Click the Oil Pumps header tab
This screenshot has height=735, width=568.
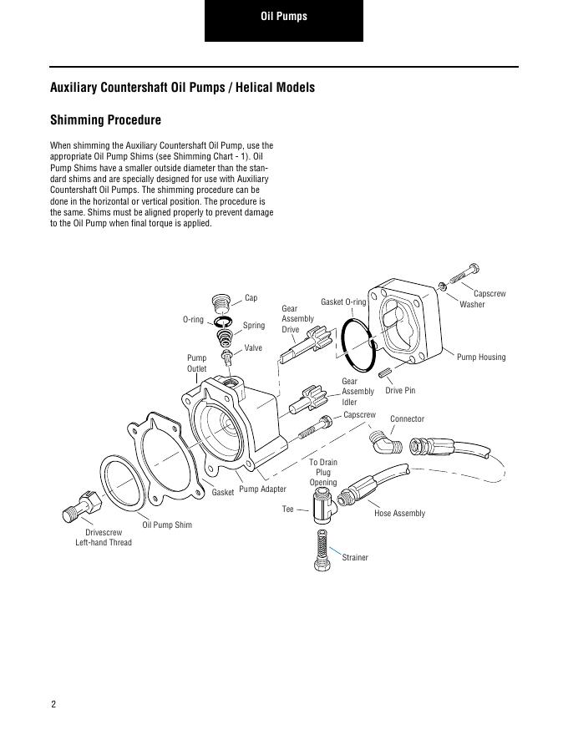coord(283,17)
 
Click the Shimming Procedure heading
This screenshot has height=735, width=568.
coord(105,120)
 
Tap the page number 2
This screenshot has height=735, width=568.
coord(53,704)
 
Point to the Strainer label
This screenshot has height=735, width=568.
coord(355,557)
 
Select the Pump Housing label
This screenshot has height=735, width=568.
coord(481,357)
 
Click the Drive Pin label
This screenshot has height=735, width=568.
coord(400,391)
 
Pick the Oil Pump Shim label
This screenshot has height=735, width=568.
coord(167,525)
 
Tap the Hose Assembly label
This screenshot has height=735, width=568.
coord(399,513)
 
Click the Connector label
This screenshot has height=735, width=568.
coord(407,418)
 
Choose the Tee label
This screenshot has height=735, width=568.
coord(288,509)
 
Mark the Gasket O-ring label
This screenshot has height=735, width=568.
coord(343,302)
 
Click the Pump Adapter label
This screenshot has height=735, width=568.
coord(262,489)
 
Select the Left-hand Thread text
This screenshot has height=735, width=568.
coord(104,543)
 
